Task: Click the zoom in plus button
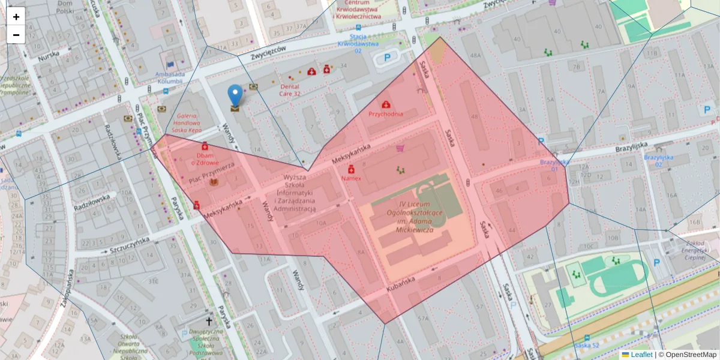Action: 16,17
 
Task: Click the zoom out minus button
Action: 16,35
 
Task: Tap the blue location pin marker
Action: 235,96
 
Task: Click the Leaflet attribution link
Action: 641,355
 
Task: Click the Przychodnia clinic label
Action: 385,113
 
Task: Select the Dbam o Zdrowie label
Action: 205,158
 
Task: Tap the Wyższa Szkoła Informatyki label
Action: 295,193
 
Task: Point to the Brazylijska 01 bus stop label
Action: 553,166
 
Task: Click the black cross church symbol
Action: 209,322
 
